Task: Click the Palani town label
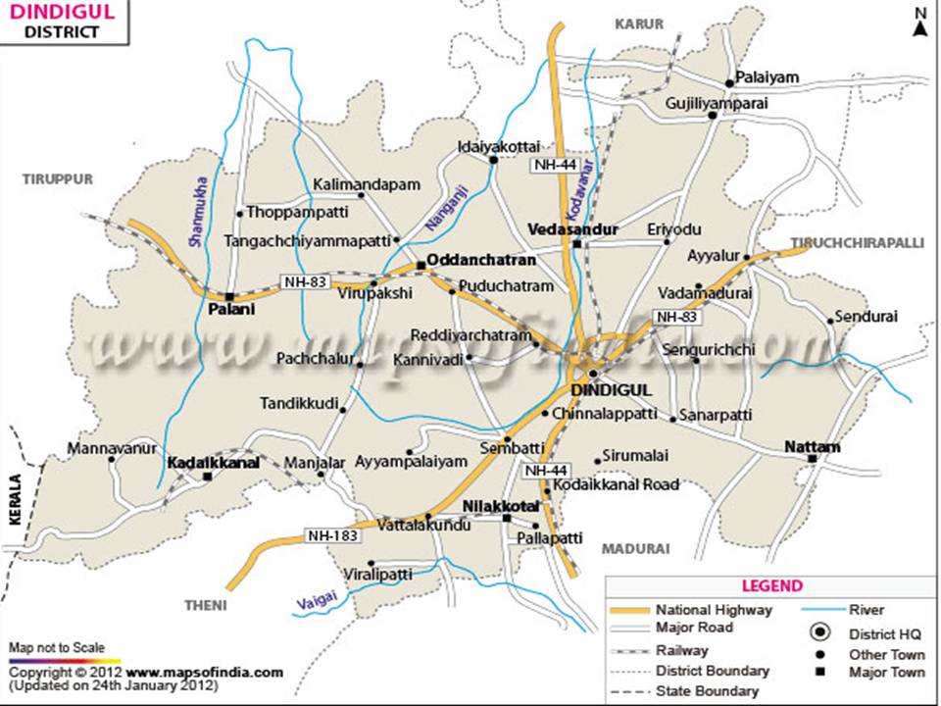click(230, 310)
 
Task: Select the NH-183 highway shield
click(329, 535)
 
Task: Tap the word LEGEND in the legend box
click(771, 585)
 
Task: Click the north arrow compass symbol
click(920, 22)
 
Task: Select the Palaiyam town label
click(768, 76)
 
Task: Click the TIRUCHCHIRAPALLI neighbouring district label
click(858, 241)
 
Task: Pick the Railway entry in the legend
click(682, 650)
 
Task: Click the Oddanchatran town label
click(481, 261)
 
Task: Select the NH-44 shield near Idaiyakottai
click(554, 165)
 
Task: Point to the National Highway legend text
click(714, 609)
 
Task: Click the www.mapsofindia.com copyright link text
click(204, 673)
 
